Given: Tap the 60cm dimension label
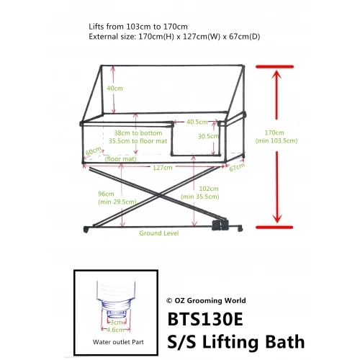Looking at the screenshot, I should (92, 152).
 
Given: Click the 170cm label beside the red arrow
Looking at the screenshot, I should (274, 132).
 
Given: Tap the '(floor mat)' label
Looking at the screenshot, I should (117, 158).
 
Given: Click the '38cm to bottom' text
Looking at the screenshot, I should (138, 133).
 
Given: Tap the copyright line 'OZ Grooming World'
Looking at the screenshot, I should (206, 301).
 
